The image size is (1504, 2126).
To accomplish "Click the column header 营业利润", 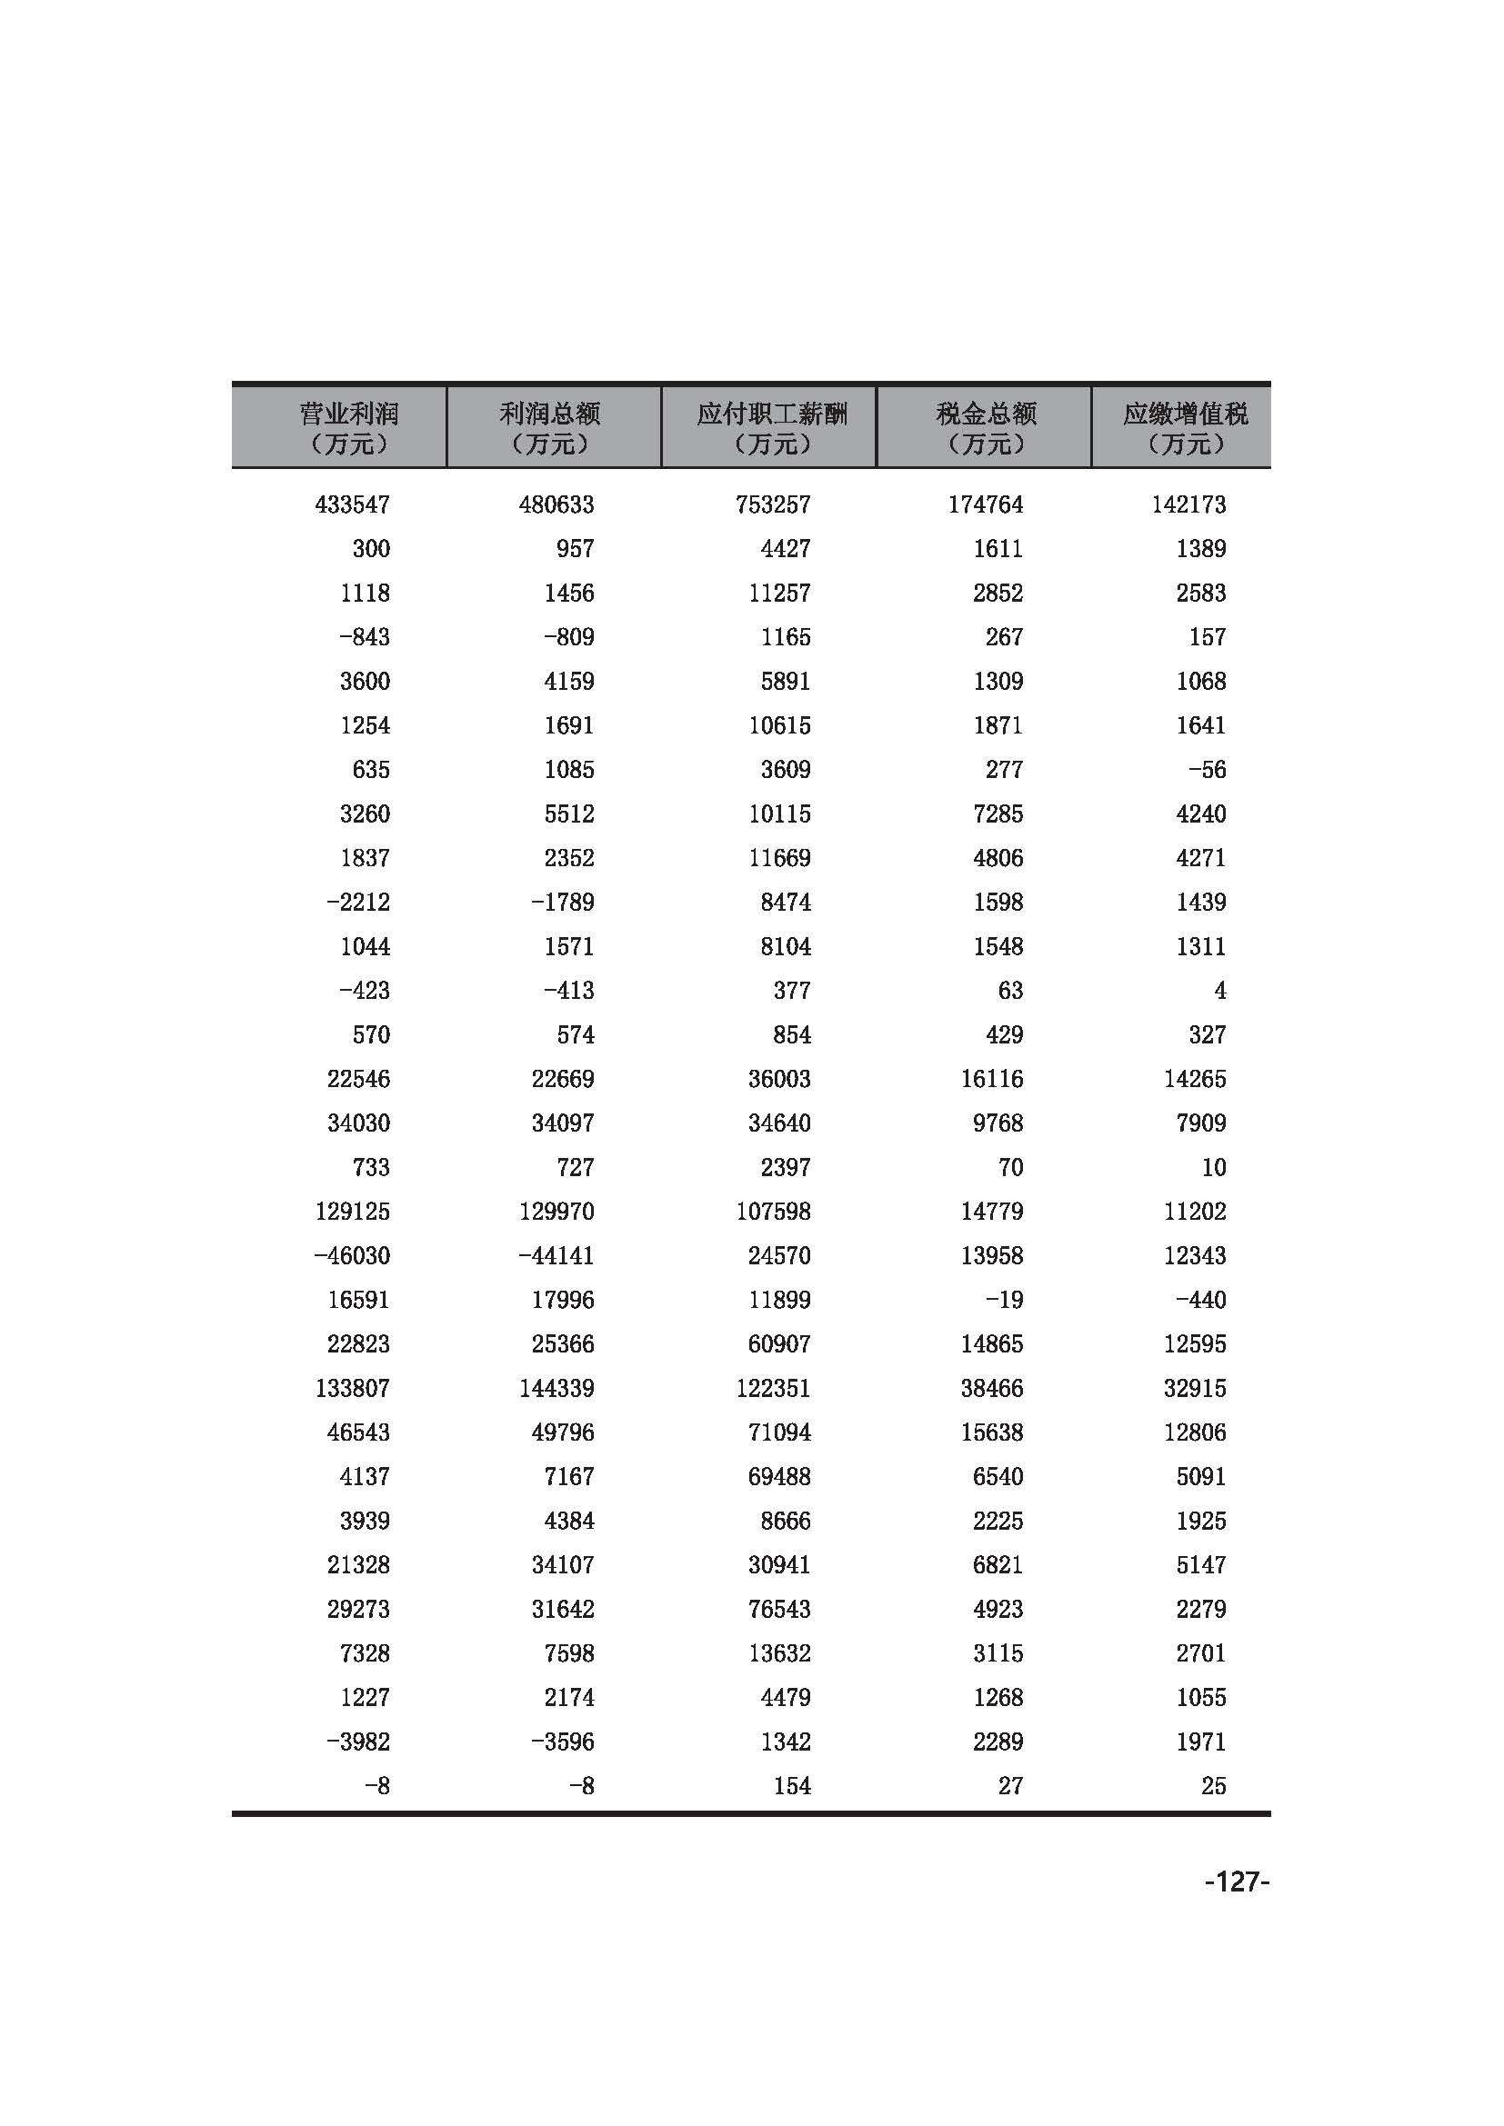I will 349,427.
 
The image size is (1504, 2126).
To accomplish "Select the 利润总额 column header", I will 550,427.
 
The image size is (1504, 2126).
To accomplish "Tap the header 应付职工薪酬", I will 771,427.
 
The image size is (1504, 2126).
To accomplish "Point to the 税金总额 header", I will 986,427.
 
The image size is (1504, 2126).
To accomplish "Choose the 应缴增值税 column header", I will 1185,427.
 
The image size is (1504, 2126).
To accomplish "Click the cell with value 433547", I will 352,504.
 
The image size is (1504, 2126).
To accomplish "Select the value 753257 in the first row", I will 772,504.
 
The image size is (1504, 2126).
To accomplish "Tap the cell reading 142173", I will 1188,504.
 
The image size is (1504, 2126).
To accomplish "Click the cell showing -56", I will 1207,770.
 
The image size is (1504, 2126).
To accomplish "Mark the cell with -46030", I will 352,1255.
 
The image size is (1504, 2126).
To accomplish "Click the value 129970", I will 556,1211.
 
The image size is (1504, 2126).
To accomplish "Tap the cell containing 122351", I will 772,1388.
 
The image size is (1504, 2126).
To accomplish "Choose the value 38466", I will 991,1388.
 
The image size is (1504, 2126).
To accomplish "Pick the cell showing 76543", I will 779,1609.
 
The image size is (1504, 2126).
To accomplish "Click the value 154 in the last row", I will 792,1785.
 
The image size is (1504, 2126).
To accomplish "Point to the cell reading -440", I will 1200,1300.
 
